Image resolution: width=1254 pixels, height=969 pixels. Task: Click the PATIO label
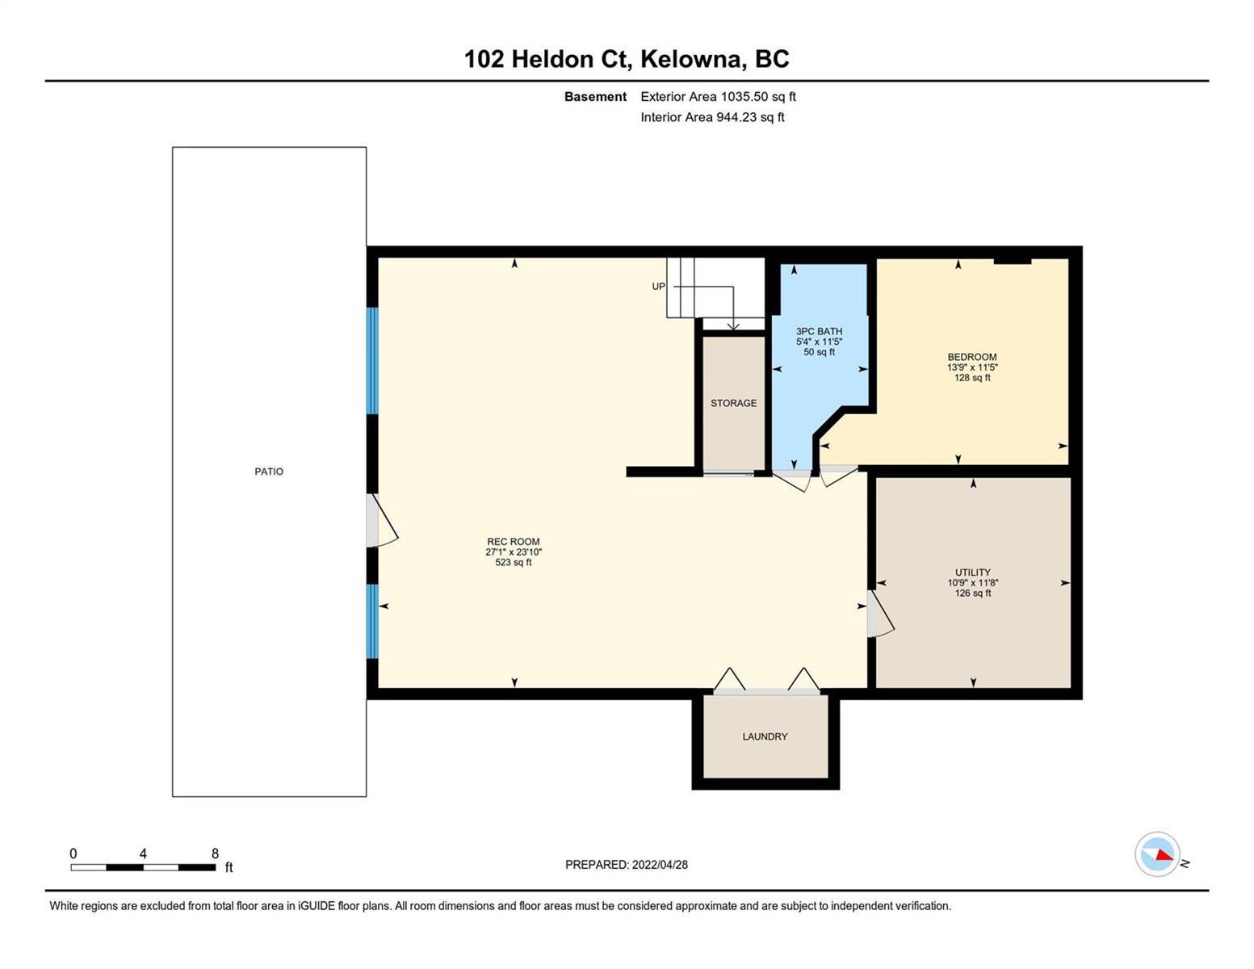tap(269, 472)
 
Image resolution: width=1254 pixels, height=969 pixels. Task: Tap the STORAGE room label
tap(733, 403)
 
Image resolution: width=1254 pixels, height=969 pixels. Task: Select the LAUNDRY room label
tap(765, 736)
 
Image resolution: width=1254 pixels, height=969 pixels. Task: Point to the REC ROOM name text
tap(513, 541)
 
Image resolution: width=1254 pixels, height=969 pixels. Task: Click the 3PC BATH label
tap(819, 331)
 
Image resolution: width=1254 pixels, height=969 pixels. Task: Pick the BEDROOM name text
tap(972, 357)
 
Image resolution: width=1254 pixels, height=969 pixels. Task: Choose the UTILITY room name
tap(972, 572)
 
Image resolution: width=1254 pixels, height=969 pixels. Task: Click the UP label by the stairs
tap(658, 286)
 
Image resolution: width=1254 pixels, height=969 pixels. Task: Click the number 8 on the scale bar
tap(216, 853)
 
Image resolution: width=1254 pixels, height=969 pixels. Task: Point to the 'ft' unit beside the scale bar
tap(229, 867)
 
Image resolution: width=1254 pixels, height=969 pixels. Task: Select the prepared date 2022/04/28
tap(660, 865)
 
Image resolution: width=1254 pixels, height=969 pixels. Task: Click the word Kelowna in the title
tap(690, 59)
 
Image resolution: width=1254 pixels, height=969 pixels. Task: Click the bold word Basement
tap(595, 96)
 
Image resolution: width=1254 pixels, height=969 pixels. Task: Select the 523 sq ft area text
tap(513, 562)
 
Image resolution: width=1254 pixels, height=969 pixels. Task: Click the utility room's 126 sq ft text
tap(972, 593)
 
